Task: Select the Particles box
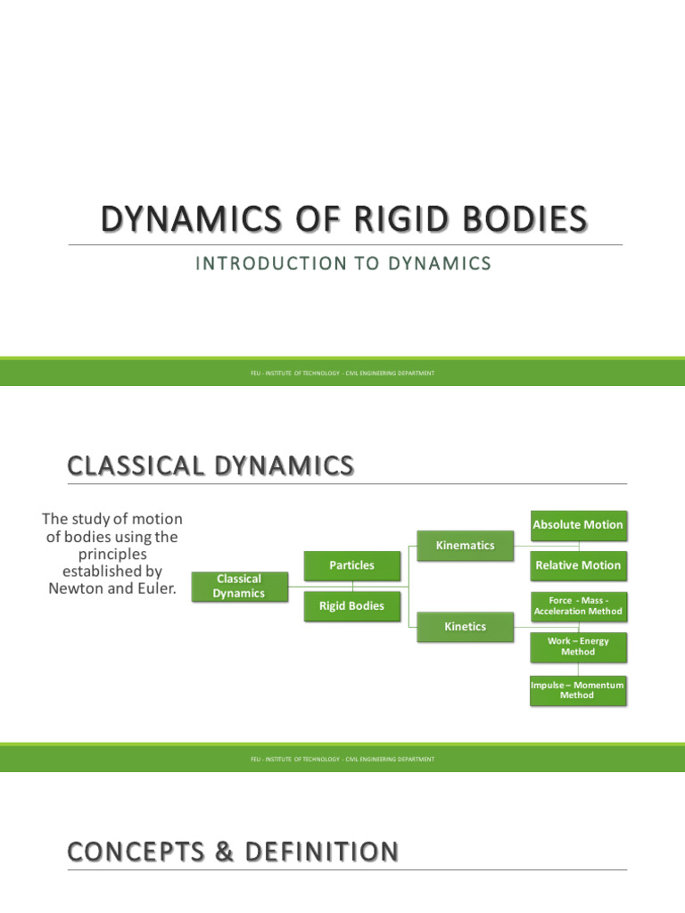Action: [351, 565]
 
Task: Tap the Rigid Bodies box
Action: [351, 606]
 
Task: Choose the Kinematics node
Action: [465, 545]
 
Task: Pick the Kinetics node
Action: [465, 627]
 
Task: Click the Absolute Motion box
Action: [578, 524]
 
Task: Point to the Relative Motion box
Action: [578, 565]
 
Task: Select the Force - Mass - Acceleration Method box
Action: [578, 606]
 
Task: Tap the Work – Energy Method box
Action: [578, 646]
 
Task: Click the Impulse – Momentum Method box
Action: [578, 689]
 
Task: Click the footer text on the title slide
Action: [342, 373]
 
